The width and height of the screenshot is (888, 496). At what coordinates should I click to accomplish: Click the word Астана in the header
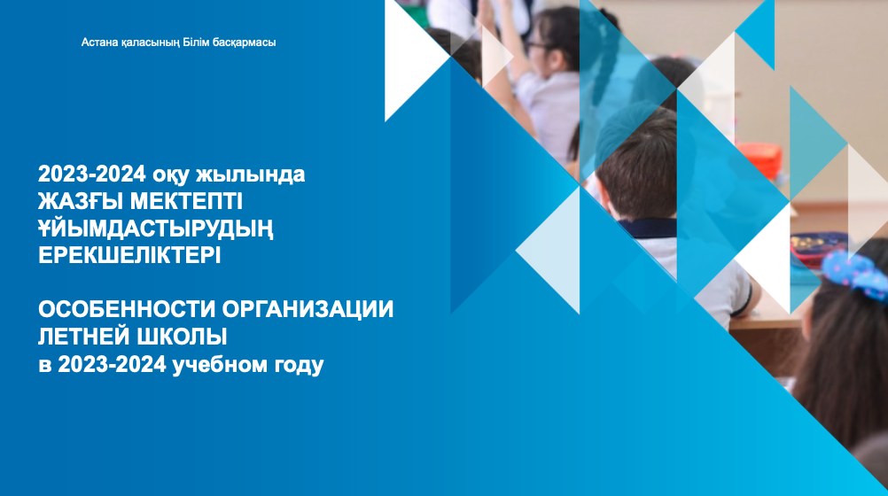coord(99,43)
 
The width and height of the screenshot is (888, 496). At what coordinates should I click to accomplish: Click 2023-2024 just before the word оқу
coord(92,174)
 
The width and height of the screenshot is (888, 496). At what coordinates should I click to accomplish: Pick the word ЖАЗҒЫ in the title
coord(81,201)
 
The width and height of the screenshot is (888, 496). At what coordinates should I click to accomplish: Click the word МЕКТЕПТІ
coord(186,201)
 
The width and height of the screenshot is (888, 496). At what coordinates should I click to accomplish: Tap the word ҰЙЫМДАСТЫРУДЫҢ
coord(156,229)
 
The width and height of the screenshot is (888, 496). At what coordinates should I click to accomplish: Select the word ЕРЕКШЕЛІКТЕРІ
coord(129,255)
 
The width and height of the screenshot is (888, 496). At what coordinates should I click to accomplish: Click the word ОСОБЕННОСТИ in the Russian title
coord(127,310)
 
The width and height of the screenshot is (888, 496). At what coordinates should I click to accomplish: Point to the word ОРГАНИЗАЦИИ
coord(308,310)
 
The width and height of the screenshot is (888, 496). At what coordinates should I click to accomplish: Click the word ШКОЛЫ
coord(178,337)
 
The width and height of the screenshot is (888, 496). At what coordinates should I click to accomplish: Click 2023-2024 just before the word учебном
coord(113,365)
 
